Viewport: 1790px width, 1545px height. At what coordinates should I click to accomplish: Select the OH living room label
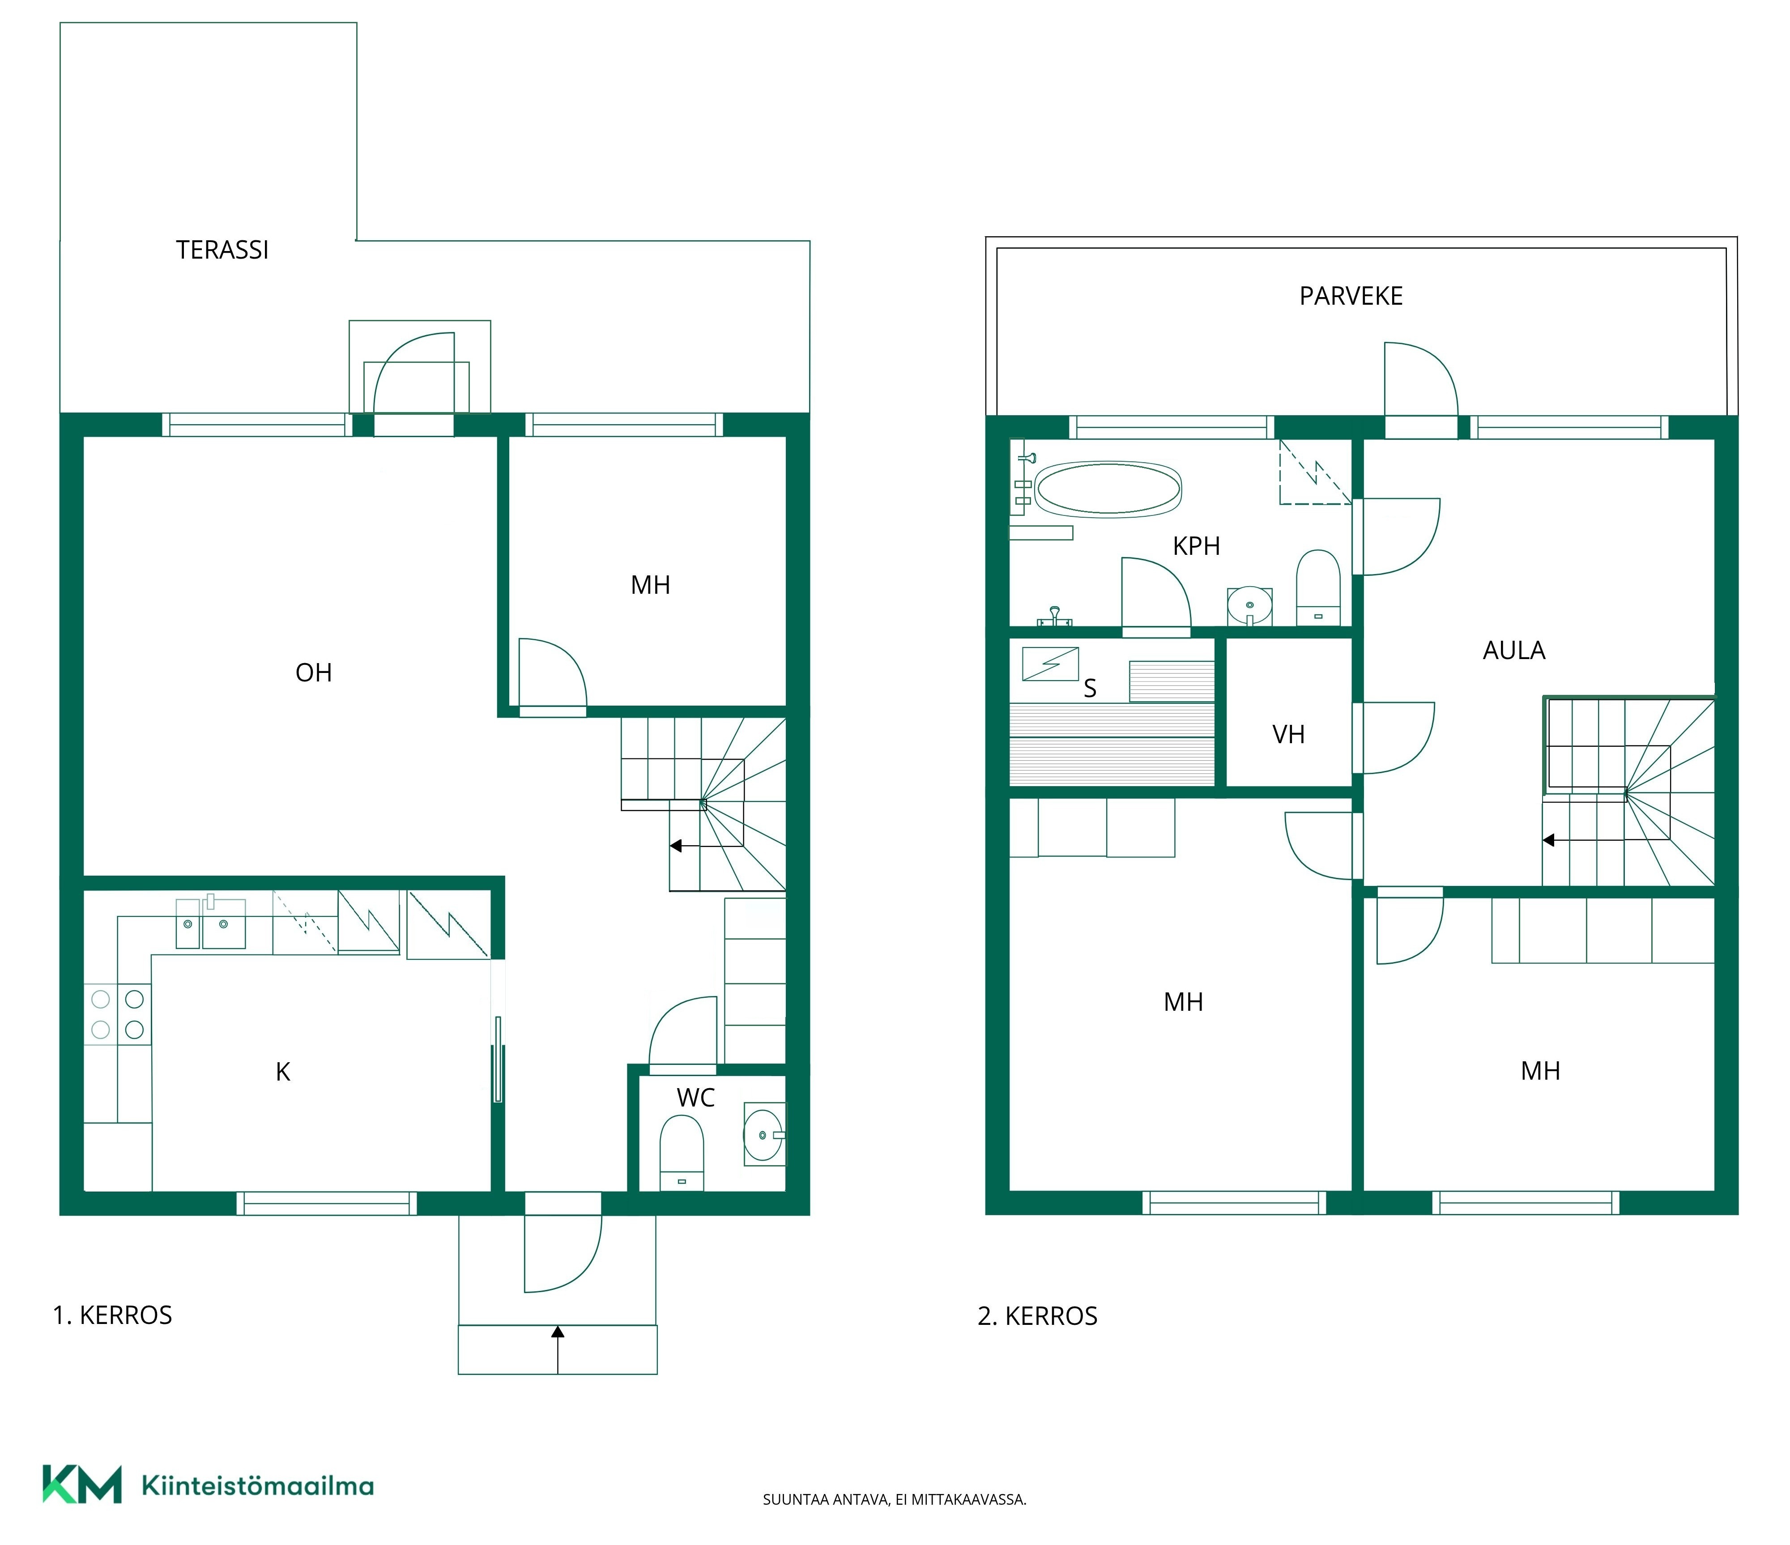[314, 673]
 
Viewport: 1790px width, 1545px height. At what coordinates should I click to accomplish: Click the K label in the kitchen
[282, 1072]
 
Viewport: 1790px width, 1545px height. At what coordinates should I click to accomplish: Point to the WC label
[695, 1098]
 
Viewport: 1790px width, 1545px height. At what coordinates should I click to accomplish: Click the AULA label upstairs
[1513, 650]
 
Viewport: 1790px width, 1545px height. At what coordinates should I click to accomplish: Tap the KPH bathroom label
[1197, 546]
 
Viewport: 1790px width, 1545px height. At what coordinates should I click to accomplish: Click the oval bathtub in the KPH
[1108, 489]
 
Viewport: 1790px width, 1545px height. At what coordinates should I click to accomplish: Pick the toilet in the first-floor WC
[682, 1153]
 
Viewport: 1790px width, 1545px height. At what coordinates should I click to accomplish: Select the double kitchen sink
[211, 923]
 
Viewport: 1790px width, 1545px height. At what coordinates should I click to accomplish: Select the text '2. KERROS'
[1038, 1316]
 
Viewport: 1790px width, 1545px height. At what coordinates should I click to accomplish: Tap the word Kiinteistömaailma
[257, 1485]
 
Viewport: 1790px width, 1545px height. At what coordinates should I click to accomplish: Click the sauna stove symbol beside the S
[1050, 663]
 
